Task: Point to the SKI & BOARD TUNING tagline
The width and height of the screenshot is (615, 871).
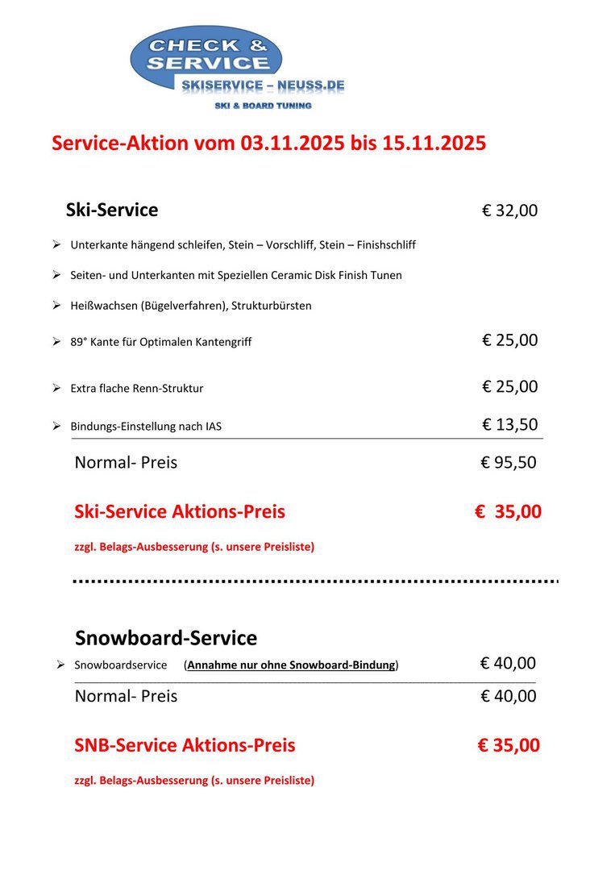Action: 263,106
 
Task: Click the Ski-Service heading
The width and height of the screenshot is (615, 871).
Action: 112,210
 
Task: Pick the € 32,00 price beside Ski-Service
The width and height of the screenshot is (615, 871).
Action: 509,211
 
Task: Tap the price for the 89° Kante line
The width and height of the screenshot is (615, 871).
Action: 509,340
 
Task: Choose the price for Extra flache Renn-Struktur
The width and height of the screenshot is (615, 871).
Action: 509,387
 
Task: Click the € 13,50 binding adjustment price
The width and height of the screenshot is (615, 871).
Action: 509,425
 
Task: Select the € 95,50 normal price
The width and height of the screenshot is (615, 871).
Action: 509,463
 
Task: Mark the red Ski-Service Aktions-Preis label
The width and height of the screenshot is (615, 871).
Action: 180,511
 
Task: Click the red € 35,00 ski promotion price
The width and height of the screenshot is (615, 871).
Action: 508,511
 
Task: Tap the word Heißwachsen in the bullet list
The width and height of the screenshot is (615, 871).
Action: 102,306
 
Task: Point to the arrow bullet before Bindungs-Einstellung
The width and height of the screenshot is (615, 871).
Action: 56,425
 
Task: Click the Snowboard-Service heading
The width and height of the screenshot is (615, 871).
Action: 166,638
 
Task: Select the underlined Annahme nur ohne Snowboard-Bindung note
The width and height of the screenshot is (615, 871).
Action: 292,665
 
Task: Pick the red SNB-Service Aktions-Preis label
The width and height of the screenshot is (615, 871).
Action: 185,745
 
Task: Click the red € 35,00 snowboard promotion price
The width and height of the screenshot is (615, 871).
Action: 508,745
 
